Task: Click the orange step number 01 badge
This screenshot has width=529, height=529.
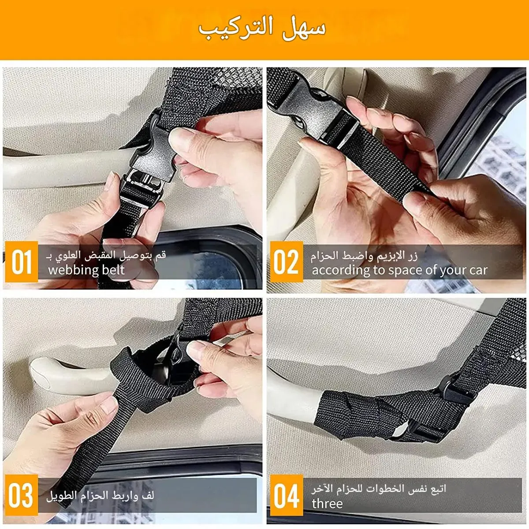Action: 22,261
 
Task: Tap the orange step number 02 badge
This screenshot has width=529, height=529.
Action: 287,261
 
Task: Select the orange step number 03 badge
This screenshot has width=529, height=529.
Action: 22,495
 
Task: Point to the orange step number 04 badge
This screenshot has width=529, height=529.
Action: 287,495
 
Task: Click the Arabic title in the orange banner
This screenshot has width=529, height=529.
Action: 262,29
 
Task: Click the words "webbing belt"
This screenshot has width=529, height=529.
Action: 86,270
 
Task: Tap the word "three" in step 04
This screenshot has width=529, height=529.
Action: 327,504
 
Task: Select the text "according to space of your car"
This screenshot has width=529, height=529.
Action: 400,270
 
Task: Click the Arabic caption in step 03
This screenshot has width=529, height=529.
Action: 100,495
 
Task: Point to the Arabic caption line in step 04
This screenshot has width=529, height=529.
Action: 379,488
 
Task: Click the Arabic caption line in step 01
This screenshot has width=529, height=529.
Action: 106,255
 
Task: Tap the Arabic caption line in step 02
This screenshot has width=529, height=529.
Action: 364,256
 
